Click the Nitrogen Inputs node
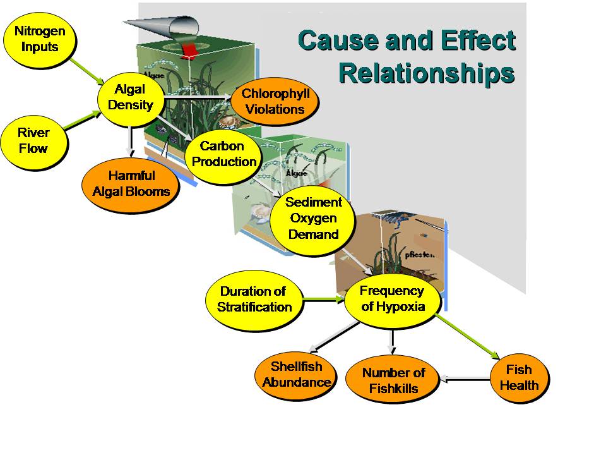click(39, 39)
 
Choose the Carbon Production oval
click(222, 154)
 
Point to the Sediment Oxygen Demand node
click(313, 219)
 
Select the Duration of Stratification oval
click(254, 300)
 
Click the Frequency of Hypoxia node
click(391, 299)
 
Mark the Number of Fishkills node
click(393, 380)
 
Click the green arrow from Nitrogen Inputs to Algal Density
click(86, 70)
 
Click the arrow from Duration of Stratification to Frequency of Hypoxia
click(323, 299)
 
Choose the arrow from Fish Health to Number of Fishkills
click(465, 379)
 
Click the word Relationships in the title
click(427, 73)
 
